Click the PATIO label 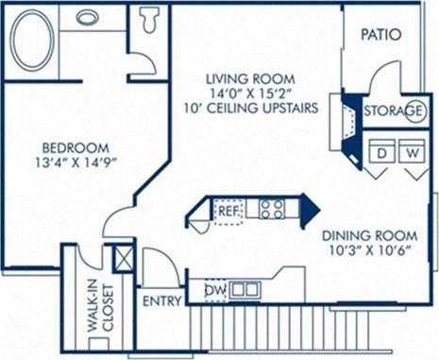click(x=381, y=35)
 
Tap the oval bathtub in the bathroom click(x=32, y=41)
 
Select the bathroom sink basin click(x=89, y=17)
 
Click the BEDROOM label click(x=76, y=148)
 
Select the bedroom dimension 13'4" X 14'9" click(x=76, y=163)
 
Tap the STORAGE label click(x=395, y=111)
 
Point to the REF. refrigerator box click(x=228, y=211)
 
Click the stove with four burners click(x=273, y=209)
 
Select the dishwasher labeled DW click(x=215, y=290)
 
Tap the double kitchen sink click(x=245, y=289)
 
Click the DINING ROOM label click(x=369, y=235)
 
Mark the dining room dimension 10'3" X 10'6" click(x=369, y=251)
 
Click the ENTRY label click(x=161, y=301)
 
